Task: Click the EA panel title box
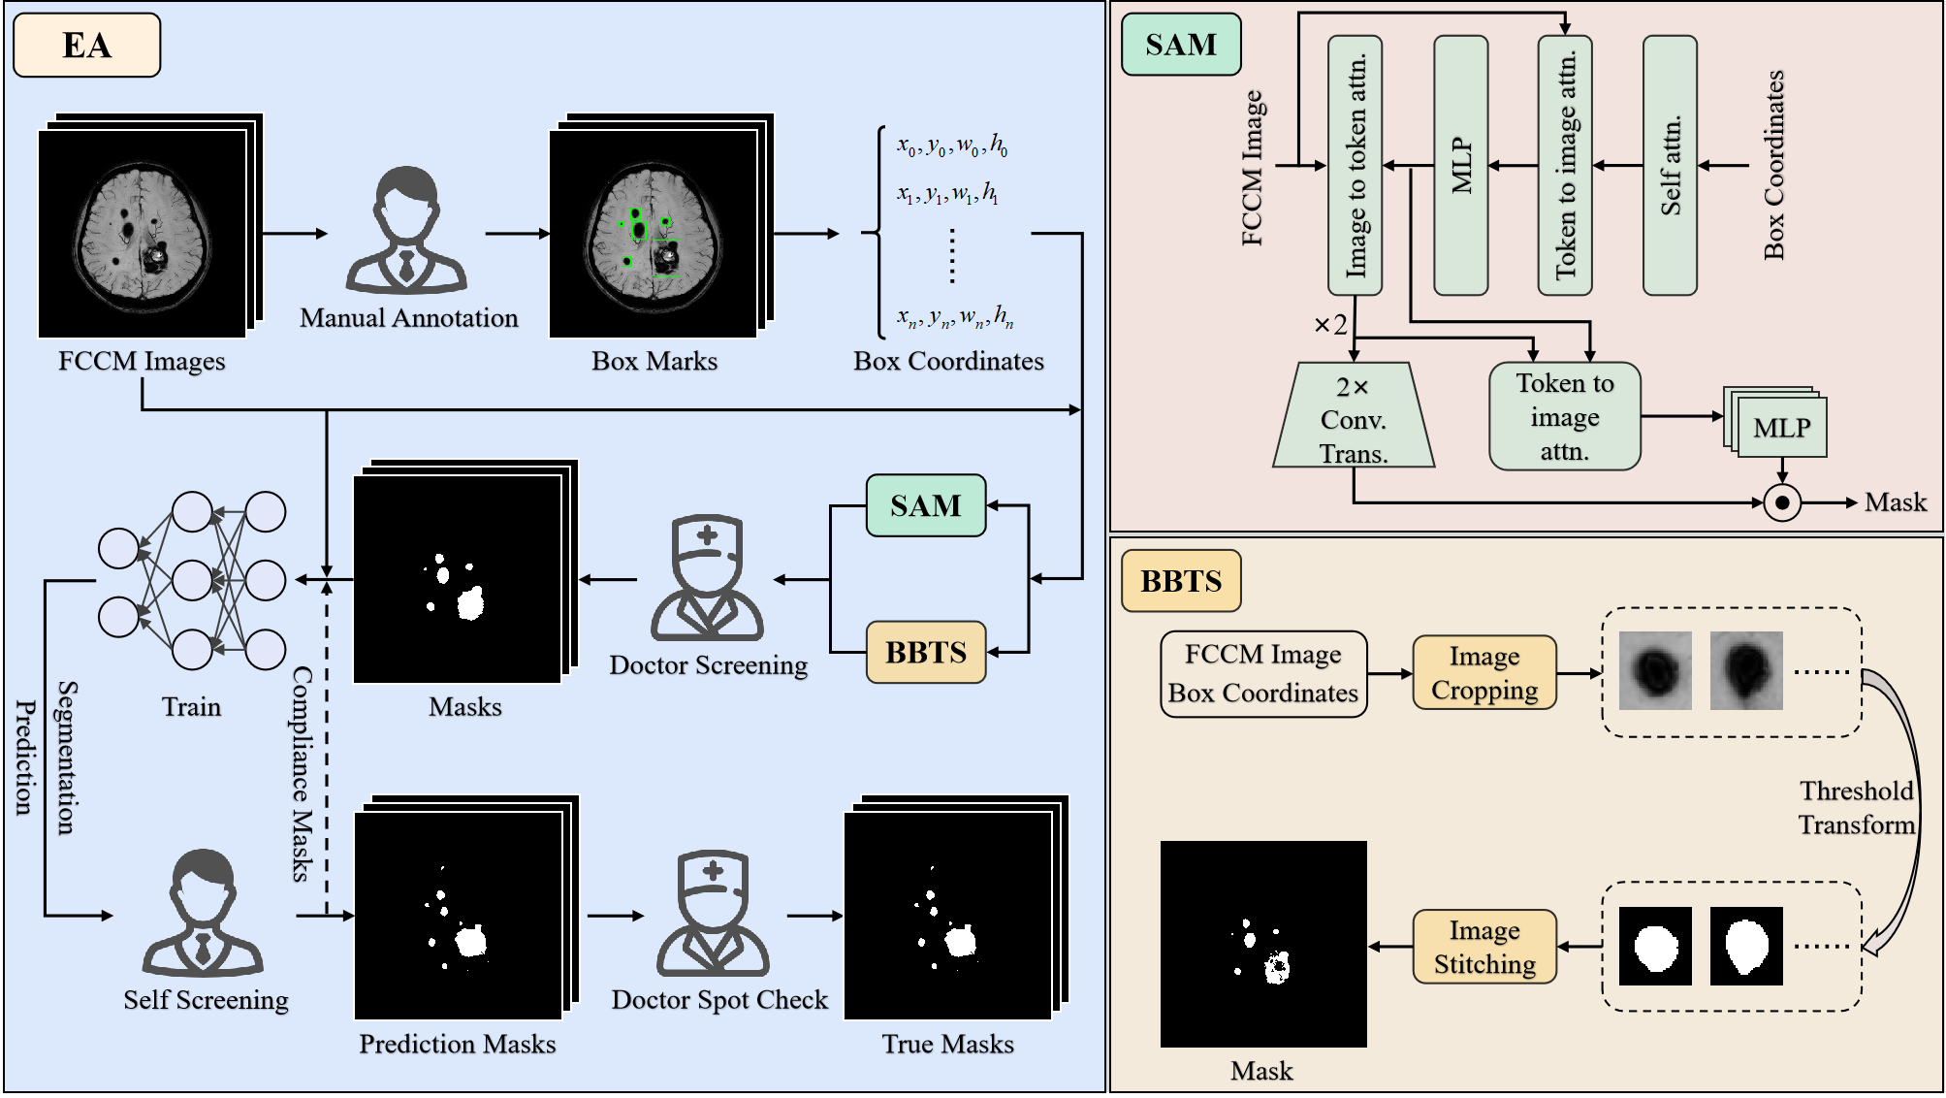click(x=86, y=45)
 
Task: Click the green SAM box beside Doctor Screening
click(x=926, y=505)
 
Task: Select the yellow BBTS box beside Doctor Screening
click(x=926, y=652)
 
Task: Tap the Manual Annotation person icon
click(x=407, y=231)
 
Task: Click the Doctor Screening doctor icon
click(x=708, y=578)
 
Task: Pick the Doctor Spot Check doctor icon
click(x=714, y=914)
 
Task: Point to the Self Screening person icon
click(x=204, y=913)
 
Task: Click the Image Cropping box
click(x=1484, y=673)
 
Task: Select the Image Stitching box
click(x=1484, y=947)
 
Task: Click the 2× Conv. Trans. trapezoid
click(x=1354, y=415)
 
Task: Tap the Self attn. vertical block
click(x=1670, y=166)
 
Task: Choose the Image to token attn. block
click(x=1355, y=166)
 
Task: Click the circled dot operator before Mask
click(x=1782, y=502)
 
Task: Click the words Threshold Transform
click(x=1857, y=808)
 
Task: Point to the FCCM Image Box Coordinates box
click(x=1263, y=674)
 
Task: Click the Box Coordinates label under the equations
click(x=948, y=361)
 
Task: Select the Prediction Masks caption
click(x=458, y=1044)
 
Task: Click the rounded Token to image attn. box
click(x=1565, y=416)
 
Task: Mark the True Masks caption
click(x=948, y=1044)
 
